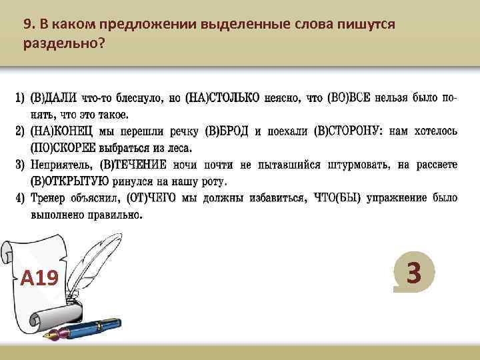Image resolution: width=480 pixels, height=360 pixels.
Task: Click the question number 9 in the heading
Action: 27,25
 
